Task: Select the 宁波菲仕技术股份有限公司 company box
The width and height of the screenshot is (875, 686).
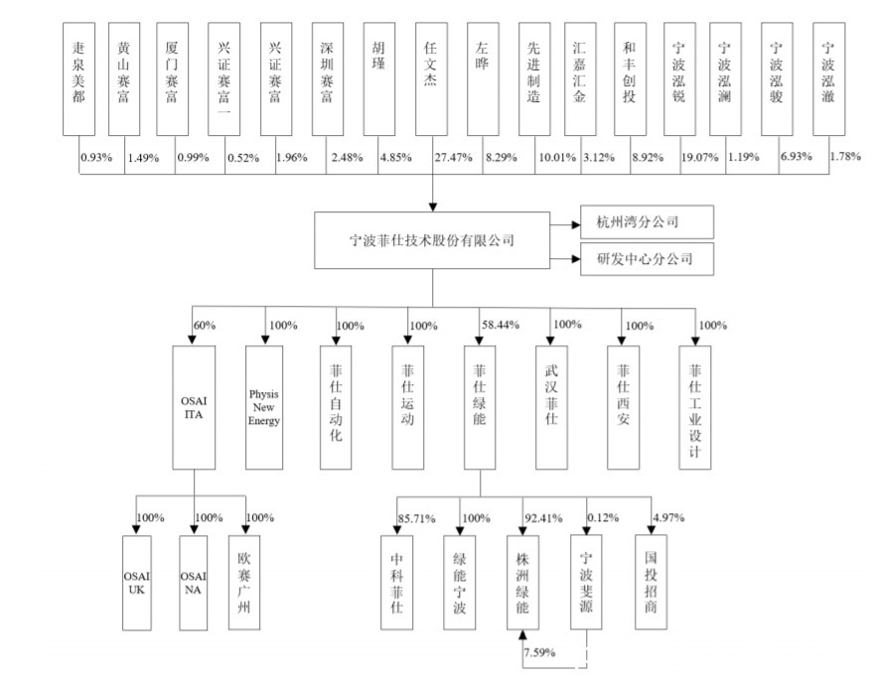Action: (432, 239)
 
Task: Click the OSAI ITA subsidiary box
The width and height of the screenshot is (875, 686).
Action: (194, 406)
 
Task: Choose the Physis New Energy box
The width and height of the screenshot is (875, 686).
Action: (264, 406)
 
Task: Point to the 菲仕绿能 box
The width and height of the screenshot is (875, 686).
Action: (480, 406)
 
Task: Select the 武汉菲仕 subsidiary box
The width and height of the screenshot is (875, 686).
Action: (551, 406)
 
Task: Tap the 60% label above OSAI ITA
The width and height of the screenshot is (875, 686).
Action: (206, 325)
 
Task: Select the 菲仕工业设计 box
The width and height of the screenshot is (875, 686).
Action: (695, 406)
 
